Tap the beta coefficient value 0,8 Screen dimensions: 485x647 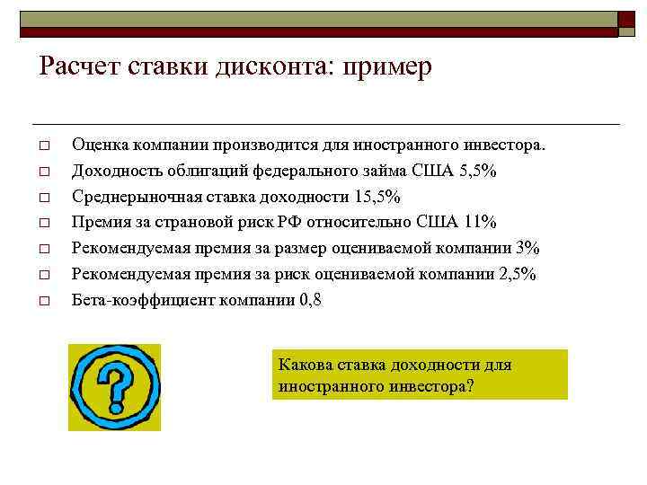tap(310, 301)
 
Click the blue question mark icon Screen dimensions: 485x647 tap(114, 387)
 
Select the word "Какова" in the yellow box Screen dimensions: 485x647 tap(305, 365)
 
